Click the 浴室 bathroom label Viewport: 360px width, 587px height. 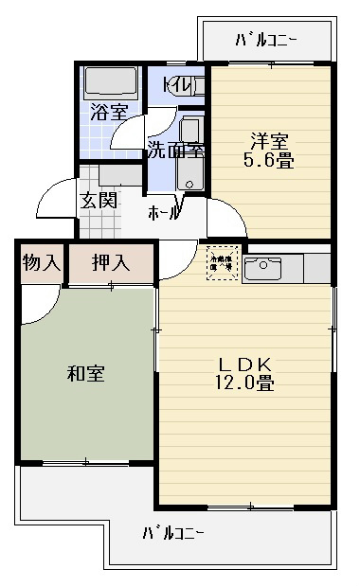[x=109, y=111]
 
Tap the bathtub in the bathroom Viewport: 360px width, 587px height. [x=111, y=82]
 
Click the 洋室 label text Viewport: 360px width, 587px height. [x=269, y=141]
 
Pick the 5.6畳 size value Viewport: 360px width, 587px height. [x=269, y=161]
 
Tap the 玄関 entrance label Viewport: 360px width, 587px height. [x=98, y=201]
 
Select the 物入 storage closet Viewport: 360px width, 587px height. [x=41, y=262]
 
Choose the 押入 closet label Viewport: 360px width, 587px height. [x=111, y=262]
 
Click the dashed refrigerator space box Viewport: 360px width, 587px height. [x=222, y=261]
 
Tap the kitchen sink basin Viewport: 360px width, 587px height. [x=261, y=270]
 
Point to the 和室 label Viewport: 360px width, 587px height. [x=85, y=374]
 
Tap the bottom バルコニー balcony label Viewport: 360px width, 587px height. [x=173, y=532]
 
